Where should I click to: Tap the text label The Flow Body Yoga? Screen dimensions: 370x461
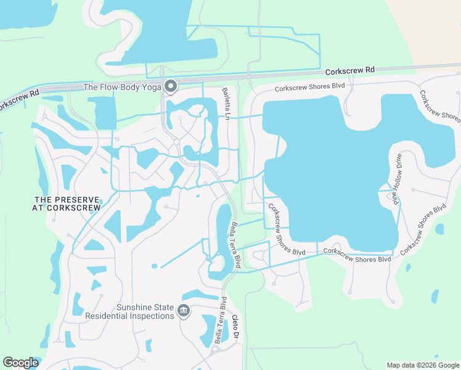pyautogui.click(x=122, y=87)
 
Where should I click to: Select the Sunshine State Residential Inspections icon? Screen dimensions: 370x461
pyautogui.click(x=183, y=311)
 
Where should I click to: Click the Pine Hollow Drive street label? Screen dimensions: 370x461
pyautogui.click(x=394, y=179)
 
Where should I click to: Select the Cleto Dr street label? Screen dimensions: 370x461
pyautogui.click(x=234, y=327)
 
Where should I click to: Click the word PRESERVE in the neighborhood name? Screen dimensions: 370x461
pyautogui.click(x=77, y=200)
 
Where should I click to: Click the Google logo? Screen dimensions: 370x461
pyautogui.click(x=20, y=363)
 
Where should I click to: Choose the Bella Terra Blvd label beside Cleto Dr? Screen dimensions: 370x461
pyautogui.click(x=221, y=320)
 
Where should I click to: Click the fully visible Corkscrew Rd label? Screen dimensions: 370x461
pyautogui.click(x=350, y=71)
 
